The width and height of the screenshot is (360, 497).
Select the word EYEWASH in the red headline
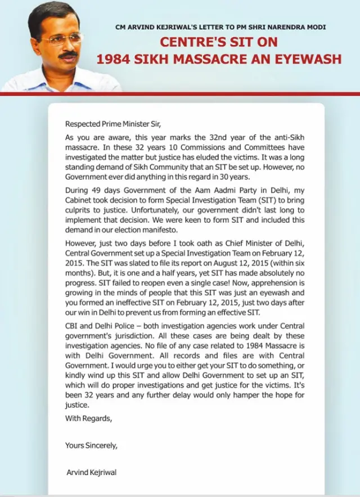308,59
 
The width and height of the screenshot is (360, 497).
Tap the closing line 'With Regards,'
88,418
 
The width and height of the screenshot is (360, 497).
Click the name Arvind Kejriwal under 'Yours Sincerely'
91,472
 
